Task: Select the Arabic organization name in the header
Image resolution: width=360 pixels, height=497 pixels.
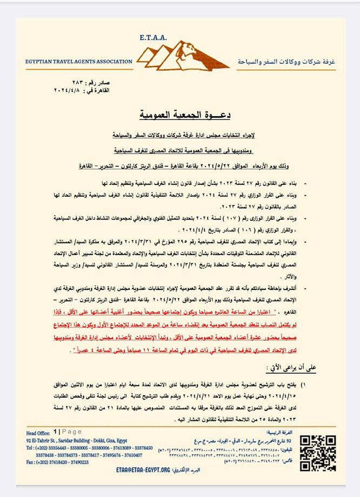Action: coord(286,62)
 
